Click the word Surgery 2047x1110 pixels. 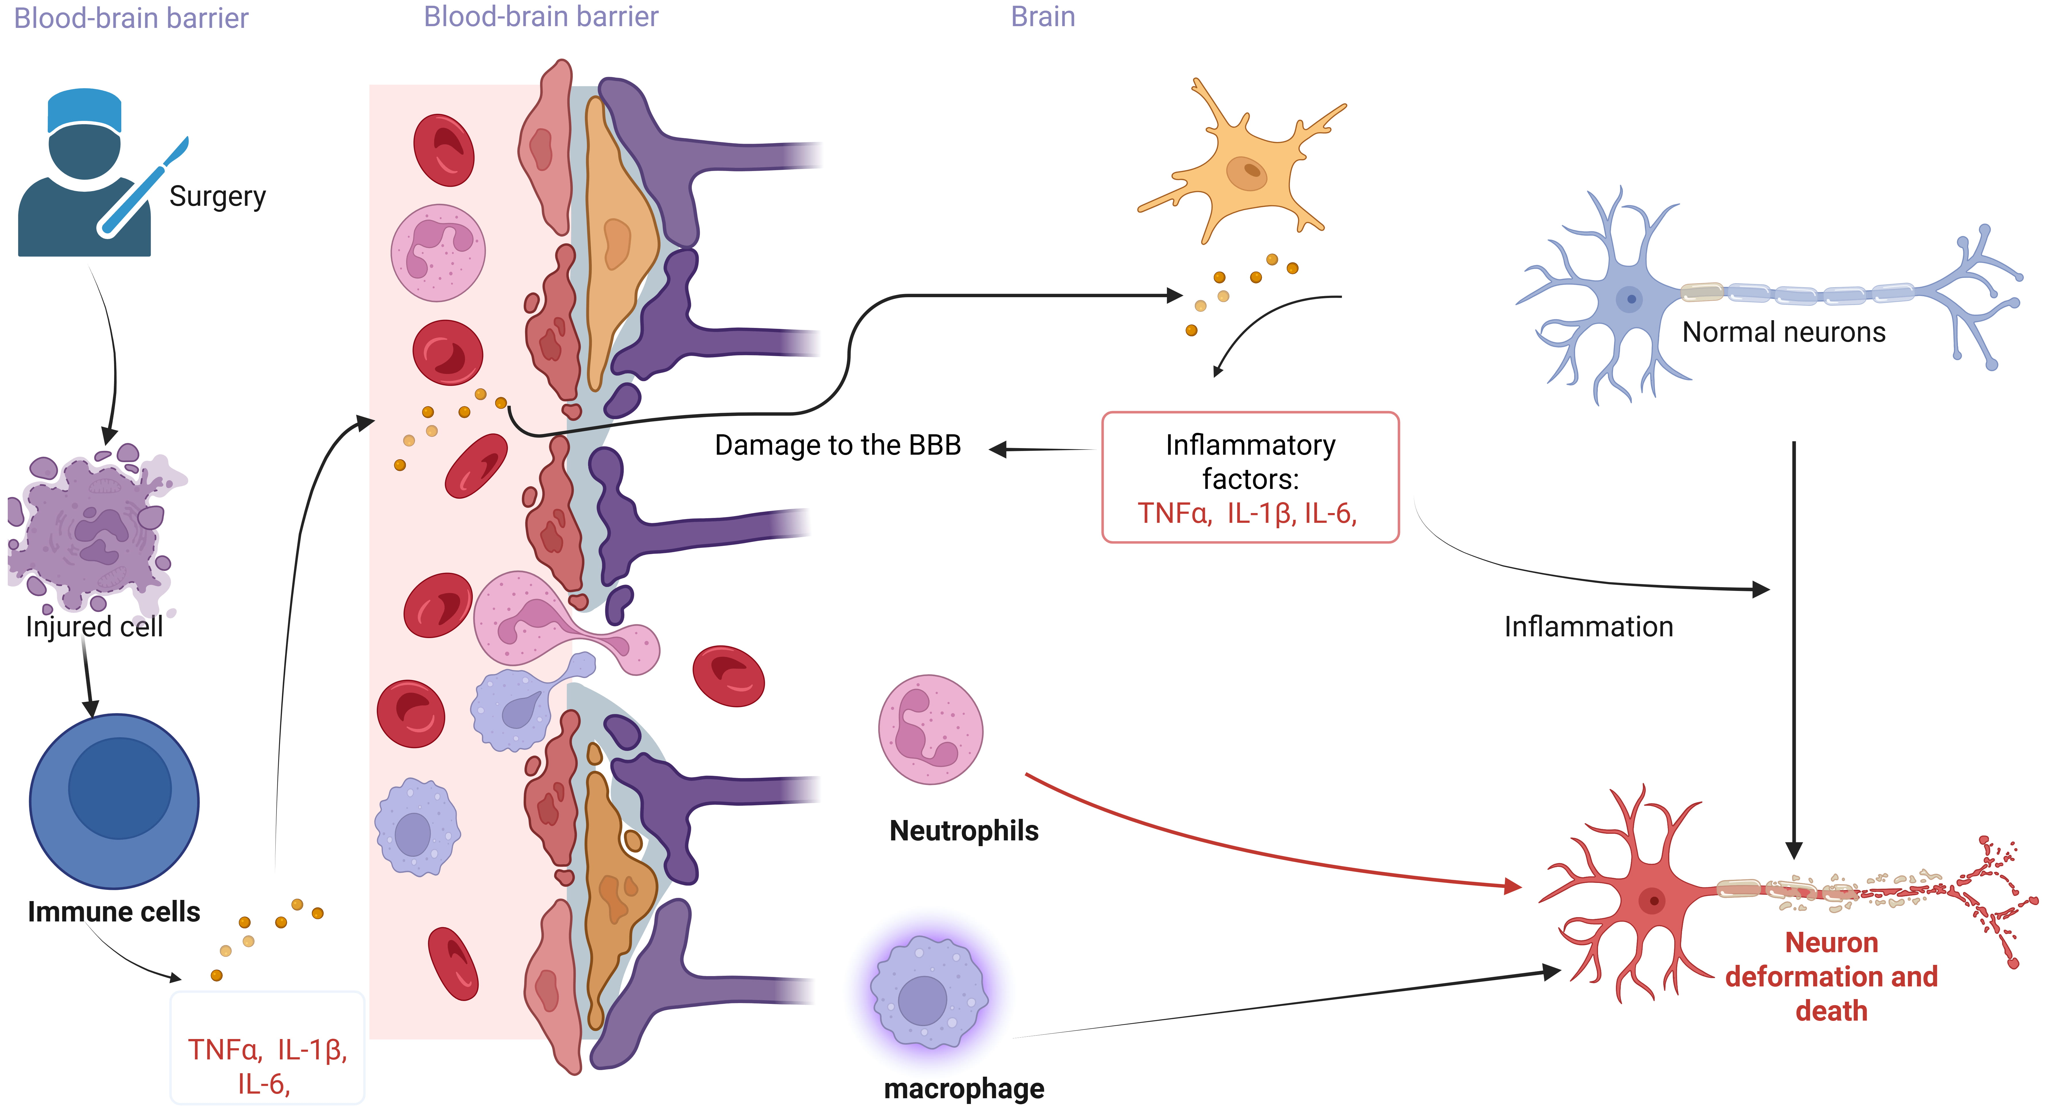217,196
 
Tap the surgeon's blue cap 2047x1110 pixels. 84,110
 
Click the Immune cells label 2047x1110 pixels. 114,911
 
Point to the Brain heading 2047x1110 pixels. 1042,17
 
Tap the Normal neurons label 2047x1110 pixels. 1783,332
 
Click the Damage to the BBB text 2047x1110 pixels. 838,445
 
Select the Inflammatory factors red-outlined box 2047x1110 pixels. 1250,477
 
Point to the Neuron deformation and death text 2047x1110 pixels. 1831,977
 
